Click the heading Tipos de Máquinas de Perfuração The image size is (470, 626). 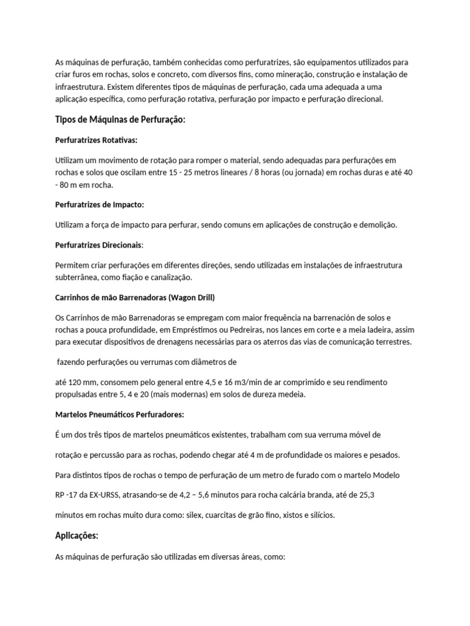(x=120, y=119)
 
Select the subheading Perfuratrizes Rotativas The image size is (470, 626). (x=96, y=140)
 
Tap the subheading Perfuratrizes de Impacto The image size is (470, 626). (x=99, y=204)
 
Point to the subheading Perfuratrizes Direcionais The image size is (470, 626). (x=99, y=245)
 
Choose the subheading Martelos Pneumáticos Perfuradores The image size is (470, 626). (x=119, y=414)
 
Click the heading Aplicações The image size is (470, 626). (x=76, y=536)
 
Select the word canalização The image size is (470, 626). (x=169, y=277)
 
